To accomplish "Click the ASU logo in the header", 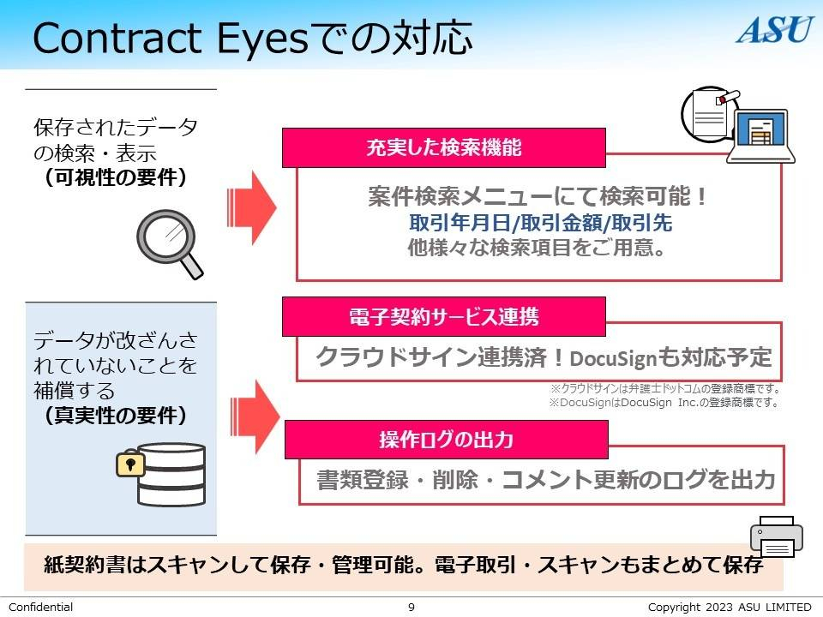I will [774, 29].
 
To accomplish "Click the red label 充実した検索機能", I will [443, 147].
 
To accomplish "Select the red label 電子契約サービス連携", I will [443, 316].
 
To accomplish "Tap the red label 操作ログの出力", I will [446, 440].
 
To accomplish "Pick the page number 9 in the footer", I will [411, 608].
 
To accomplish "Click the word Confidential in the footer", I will [40, 608].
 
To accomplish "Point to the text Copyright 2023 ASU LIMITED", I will [729, 608].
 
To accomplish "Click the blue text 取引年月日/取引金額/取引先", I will [540, 224].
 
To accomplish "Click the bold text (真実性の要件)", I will [116, 416].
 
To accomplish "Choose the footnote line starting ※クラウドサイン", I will [664, 388].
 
